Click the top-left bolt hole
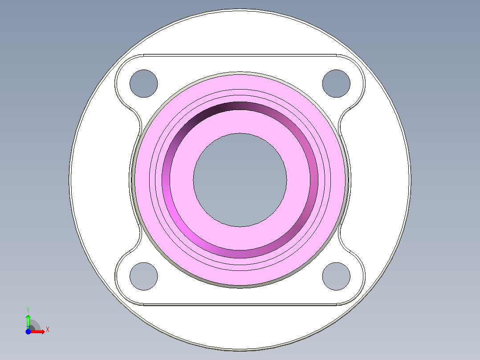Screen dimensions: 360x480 click(143, 83)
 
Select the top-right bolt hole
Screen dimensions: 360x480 click(336, 83)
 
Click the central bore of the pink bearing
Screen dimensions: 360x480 click(240, 180)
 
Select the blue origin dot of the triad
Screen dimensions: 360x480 click(28, 331)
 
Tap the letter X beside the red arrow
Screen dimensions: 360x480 click(47, 330)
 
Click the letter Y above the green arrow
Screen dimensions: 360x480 click(28, 309)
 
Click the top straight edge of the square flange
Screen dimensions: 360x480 click(240, 55)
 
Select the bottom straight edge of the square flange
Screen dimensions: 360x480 click(240, 305)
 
